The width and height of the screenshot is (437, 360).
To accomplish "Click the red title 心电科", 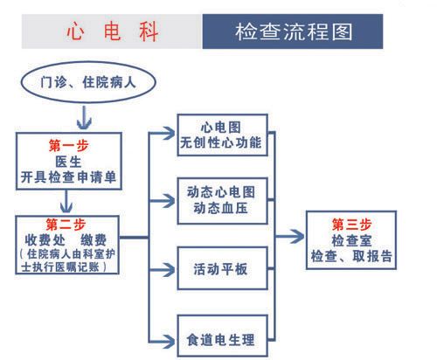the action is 113,31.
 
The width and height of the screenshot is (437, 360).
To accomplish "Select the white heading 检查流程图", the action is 294,31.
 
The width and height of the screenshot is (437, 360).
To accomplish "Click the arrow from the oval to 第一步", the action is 84,117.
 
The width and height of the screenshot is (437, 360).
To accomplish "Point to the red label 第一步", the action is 69,145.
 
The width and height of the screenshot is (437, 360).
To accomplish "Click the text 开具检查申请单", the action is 69,177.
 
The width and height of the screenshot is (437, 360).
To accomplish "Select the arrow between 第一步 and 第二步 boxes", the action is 66,201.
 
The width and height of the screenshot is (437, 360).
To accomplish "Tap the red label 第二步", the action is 66,225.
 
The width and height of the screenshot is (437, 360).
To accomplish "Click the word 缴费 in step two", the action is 94,240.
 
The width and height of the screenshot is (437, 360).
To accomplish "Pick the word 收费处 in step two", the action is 45,240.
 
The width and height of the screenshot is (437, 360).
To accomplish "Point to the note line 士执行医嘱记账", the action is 60,267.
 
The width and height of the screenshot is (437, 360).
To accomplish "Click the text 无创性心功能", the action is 221,142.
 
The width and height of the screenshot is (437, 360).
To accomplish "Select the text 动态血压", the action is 221,208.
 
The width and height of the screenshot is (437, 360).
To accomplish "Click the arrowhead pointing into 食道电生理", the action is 169,341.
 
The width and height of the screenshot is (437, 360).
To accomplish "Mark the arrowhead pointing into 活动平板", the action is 169,270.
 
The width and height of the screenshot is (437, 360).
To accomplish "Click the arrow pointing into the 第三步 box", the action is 289,236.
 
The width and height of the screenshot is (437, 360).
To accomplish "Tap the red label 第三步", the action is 351,225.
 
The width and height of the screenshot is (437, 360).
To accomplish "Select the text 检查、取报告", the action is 351,256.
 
